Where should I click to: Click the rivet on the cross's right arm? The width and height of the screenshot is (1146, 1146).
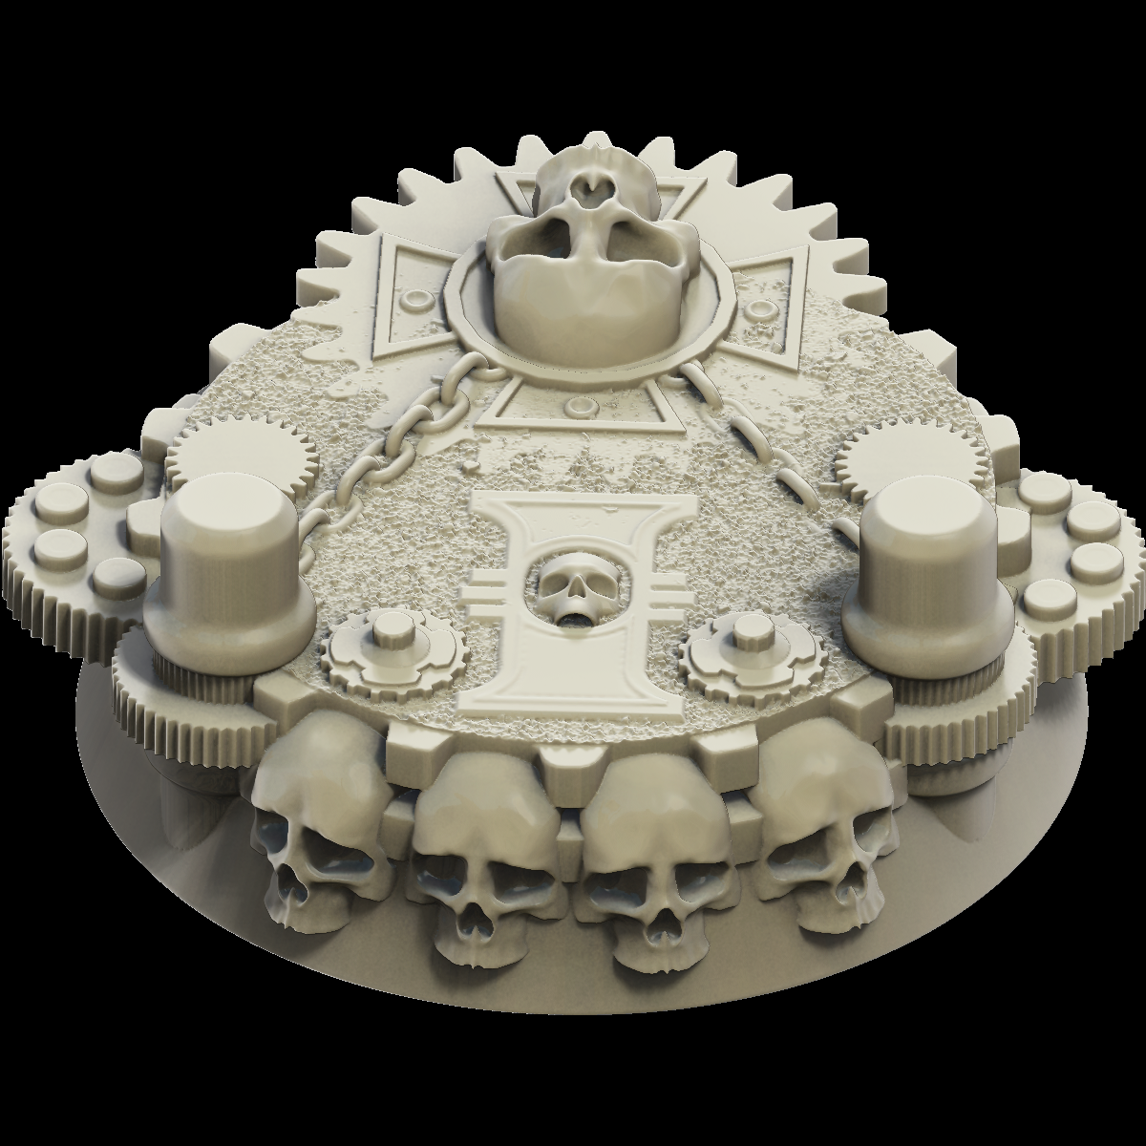click(x=759, y=308)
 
